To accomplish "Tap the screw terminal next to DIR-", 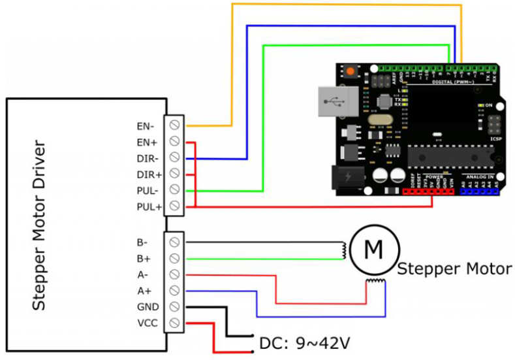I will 175,157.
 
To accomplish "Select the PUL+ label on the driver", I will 148,207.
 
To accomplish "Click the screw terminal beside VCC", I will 175,323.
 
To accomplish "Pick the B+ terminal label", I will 144,257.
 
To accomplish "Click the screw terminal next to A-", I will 175,274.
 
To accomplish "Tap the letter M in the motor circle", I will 373,249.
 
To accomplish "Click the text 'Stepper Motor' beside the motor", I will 454,269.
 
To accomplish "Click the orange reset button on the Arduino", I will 351,71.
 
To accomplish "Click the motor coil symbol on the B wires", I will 342,250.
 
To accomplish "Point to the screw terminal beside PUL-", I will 175,190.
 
